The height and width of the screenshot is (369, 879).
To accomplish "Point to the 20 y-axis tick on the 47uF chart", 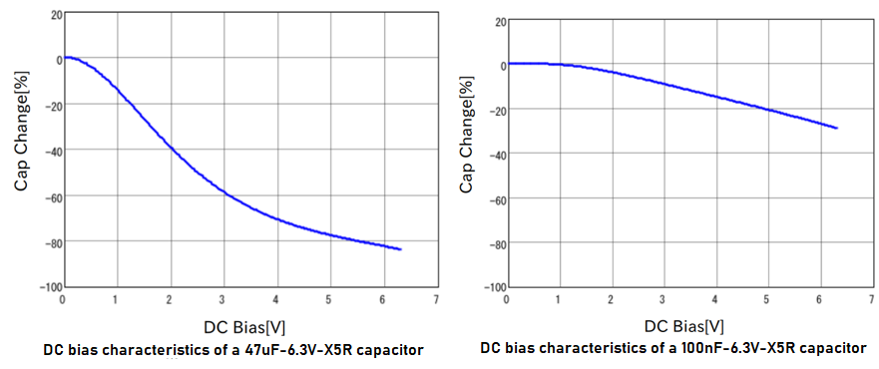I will [x=54, y=14].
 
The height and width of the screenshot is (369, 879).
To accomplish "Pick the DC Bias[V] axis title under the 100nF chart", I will [x=683, y=325].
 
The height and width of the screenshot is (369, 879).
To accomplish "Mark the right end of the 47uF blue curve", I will [x=400, y=249].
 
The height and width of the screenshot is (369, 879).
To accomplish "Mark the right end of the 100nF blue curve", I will [x=836, y=129].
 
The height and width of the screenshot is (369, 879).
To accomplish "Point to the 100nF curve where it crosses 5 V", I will [x=766, y=110].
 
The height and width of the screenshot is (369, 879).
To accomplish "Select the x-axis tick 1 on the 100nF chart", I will [x=558, y=298].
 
